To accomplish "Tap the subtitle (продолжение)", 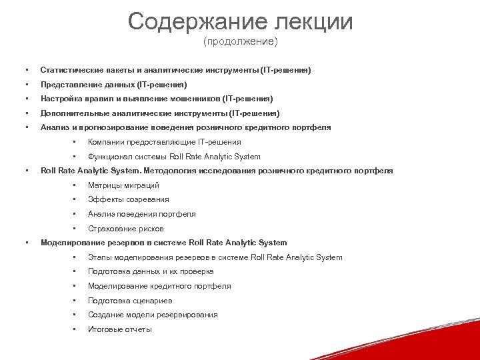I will [x=240, y=42].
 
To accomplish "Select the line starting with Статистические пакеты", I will [x=175, y=70].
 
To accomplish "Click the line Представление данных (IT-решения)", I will [x=113, y=85].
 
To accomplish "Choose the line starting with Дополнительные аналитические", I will [x=160, y=113].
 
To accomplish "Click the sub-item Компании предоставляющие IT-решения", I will [x=164, y=142].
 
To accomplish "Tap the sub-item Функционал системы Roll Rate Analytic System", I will [x=174, y=157].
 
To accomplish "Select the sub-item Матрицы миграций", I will [x=123, y=185].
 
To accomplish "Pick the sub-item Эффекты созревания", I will [x=128, y=199].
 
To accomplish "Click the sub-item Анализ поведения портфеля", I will [x=141, y=214].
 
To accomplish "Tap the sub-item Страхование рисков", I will [x=125, y=229].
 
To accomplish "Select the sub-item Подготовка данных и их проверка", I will [x=151, y=271].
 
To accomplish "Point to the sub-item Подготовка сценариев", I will [x=129, y=301].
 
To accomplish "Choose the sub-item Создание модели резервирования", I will [x=153, y=315].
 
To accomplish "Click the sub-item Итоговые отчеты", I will [x=119, y=329].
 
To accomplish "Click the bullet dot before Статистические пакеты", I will [x=26, y=70].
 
